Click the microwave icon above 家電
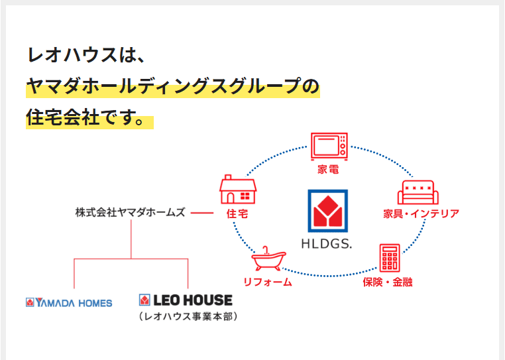329,146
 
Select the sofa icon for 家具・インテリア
418,192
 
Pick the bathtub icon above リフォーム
268,259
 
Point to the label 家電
329,170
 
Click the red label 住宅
237,213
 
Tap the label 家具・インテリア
421,213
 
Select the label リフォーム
268,282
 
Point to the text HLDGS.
329,243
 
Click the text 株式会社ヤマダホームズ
130,213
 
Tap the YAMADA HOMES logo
69,302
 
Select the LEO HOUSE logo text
186,300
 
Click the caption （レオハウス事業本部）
188,316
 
